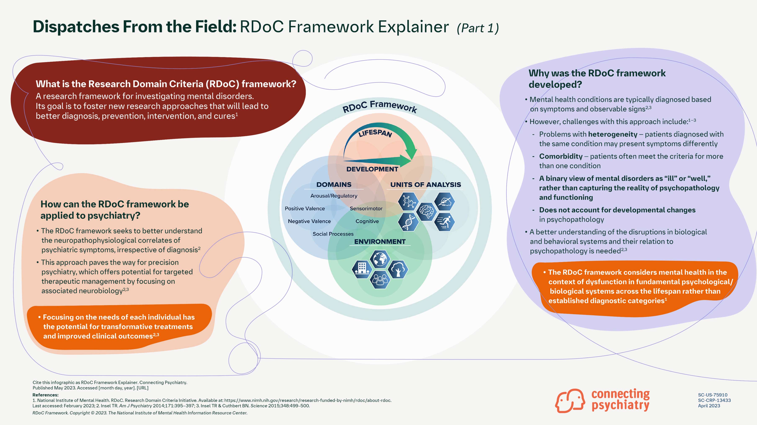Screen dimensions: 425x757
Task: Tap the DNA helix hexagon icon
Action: coord(408,222)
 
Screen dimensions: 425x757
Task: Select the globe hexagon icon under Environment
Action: coord(380,259)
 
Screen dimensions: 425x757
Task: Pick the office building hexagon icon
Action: coord(362,269)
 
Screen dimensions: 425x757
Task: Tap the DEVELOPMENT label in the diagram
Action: coord(372,169)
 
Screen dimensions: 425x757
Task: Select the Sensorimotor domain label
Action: coord(366,208)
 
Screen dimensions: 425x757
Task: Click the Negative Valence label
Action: coord(309,221)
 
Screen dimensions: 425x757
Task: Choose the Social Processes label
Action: coord(333,234)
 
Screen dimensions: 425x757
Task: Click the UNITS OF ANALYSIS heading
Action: coord(425,185)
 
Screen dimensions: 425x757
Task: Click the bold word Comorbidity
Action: coord(560,156)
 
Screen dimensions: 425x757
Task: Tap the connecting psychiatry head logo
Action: coord(569,401)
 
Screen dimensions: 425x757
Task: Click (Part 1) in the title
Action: coord(478,28)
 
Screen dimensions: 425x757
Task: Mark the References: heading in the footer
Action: coord(46,395)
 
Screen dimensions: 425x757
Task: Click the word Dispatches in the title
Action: coord(76,27)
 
